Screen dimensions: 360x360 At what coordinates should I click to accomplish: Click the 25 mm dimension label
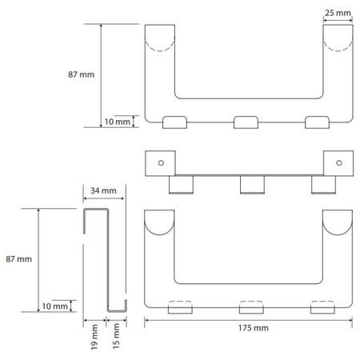(x=338, y=13)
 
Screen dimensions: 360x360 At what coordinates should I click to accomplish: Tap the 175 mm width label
(x=254, y=328)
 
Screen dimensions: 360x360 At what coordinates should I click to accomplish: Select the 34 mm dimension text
(x=103, y=190)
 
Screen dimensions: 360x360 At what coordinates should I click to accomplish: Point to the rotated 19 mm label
(x=94, y=337)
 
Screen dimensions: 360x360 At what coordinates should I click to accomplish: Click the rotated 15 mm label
(x=116, y=336)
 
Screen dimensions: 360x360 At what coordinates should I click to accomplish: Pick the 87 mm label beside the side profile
(x=19, y=259)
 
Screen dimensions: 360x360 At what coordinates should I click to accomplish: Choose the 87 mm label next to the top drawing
(x=82, y=74)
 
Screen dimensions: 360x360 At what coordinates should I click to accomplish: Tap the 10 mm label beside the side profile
(x=54, y=306)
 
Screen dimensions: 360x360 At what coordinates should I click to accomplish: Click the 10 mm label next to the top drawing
(x=118, y=122)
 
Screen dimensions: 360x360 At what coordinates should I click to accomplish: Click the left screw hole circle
(x=161, y=162)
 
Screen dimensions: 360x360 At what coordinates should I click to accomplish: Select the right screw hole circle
(x=339, y=162)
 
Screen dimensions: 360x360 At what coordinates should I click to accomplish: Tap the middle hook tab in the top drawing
(x=246, y=122)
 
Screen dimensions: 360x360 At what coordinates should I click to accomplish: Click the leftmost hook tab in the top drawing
(x=174, y=122)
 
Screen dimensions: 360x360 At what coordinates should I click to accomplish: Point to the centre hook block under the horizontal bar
(x=252, y=185)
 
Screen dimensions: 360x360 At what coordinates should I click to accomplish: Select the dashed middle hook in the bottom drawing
(x=251, y=307)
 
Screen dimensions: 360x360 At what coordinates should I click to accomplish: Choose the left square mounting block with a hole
(x=160, y=163)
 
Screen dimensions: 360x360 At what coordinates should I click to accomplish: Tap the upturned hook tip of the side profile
(x=126, y=304)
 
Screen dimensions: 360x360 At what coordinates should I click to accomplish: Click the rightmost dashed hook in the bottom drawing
(x=322, y=307)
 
